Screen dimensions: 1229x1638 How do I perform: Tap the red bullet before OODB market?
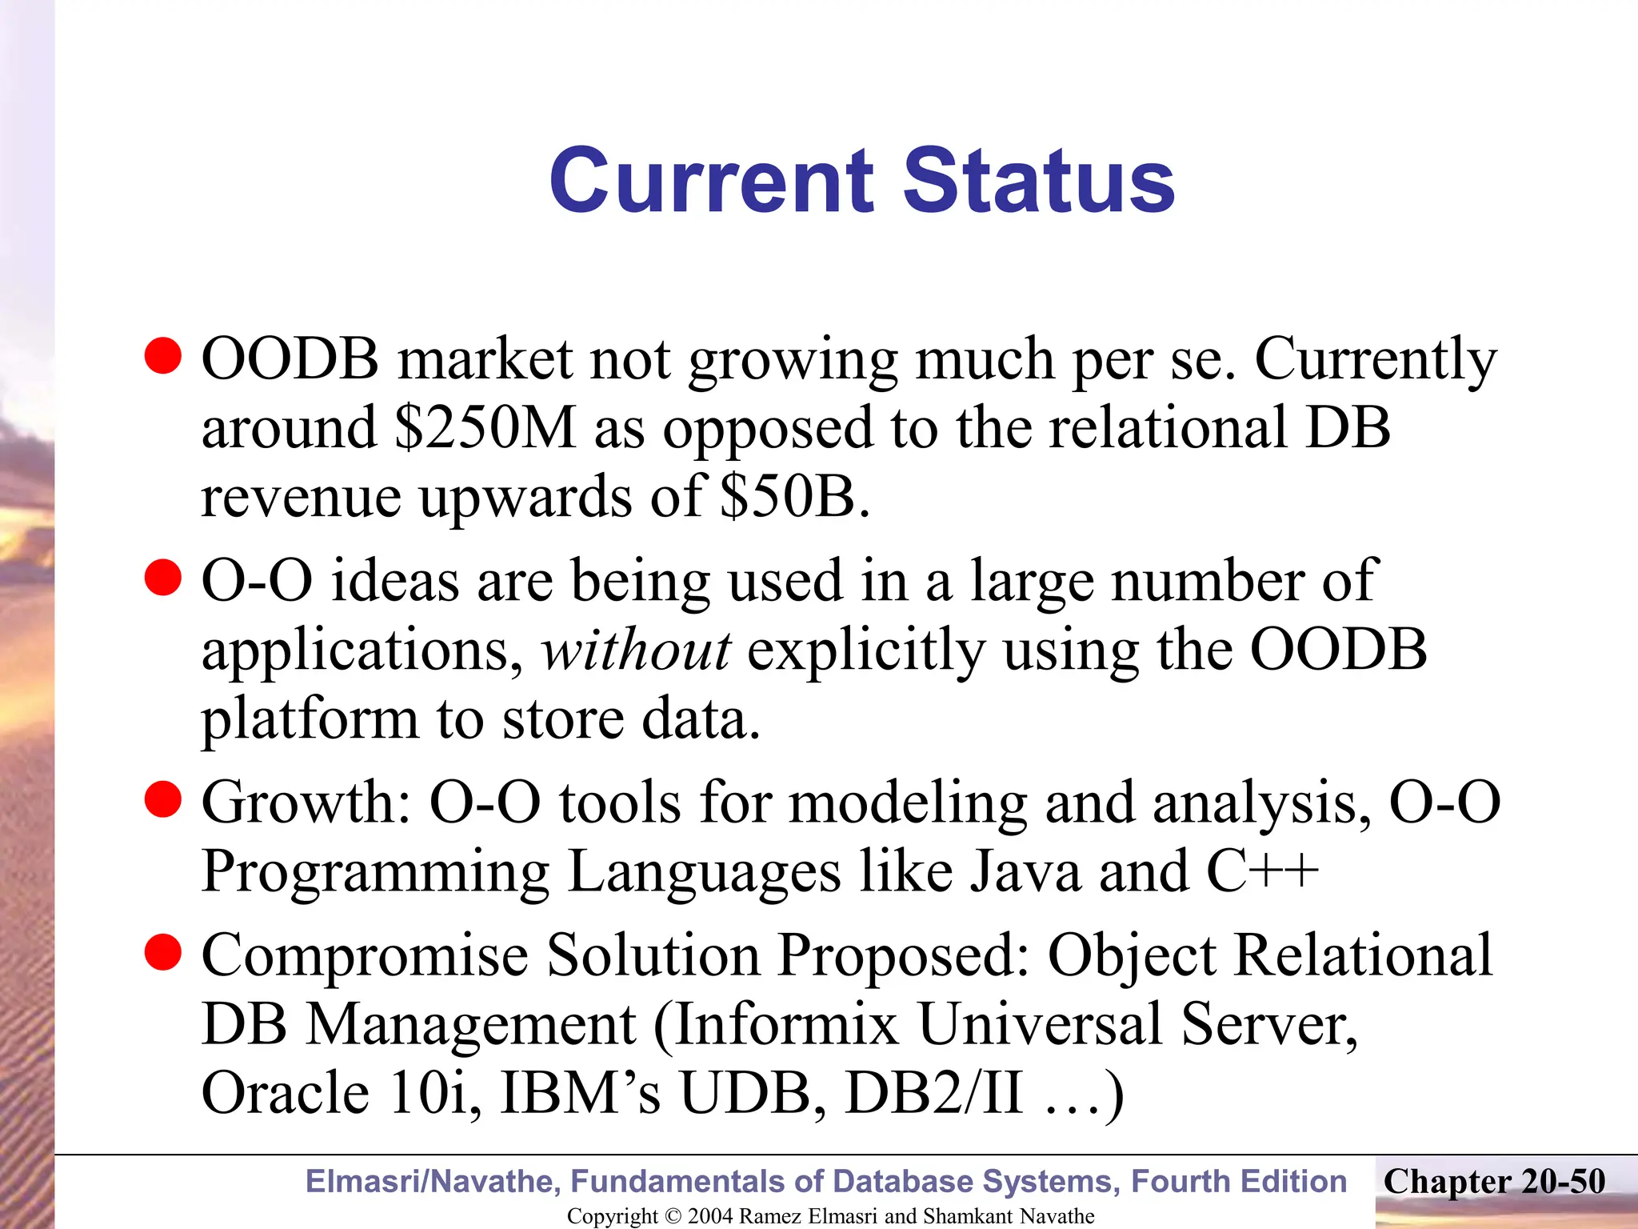click(x=163, y=355)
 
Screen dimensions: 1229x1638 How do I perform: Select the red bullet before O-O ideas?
click(x=163, y=577)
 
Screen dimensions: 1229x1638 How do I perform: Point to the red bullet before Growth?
click(x=163, y=799)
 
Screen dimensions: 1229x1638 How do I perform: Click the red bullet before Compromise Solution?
click(x=163, y=951)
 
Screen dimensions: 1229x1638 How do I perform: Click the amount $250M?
click(x=485, y=428)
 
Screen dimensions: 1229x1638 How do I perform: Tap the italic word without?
click(x=635, y=650)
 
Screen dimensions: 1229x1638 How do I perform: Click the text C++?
click(x=1261, y=871)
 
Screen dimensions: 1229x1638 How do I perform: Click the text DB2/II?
click(x=933, y=1093)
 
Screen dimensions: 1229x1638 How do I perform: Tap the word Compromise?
click(x=365, y=955)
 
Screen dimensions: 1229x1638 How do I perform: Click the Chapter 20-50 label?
click(x=1494, y=1181)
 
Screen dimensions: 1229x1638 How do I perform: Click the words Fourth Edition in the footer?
click(x=1239, y=1181)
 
